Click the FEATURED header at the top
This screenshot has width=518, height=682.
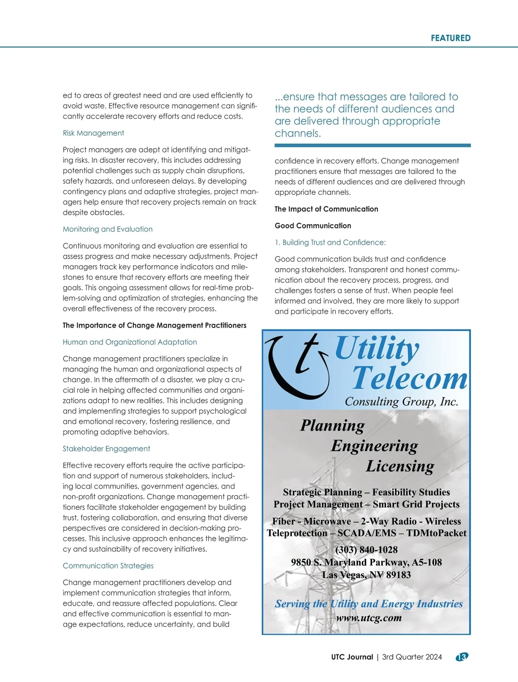450,38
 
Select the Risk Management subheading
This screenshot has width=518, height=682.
93,133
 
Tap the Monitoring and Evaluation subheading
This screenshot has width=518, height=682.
107,229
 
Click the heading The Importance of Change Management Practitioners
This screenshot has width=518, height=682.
155,325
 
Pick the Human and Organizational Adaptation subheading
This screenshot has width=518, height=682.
129,342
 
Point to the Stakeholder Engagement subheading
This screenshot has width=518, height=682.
106,449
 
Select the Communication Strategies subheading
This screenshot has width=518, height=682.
108,566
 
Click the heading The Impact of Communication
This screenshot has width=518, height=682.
326,209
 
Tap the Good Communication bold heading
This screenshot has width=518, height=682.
313,226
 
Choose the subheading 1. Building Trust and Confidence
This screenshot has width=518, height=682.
330,243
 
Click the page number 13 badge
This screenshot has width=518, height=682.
462,657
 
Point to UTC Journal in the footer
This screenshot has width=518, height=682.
352,657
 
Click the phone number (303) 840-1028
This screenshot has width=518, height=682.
366,550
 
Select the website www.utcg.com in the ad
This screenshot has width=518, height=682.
369,618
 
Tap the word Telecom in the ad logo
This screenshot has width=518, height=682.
409,379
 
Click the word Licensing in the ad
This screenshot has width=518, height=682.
400,466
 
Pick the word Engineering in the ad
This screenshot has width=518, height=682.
374,446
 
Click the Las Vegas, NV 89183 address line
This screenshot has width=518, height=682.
366,575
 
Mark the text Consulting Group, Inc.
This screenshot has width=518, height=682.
401,402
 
